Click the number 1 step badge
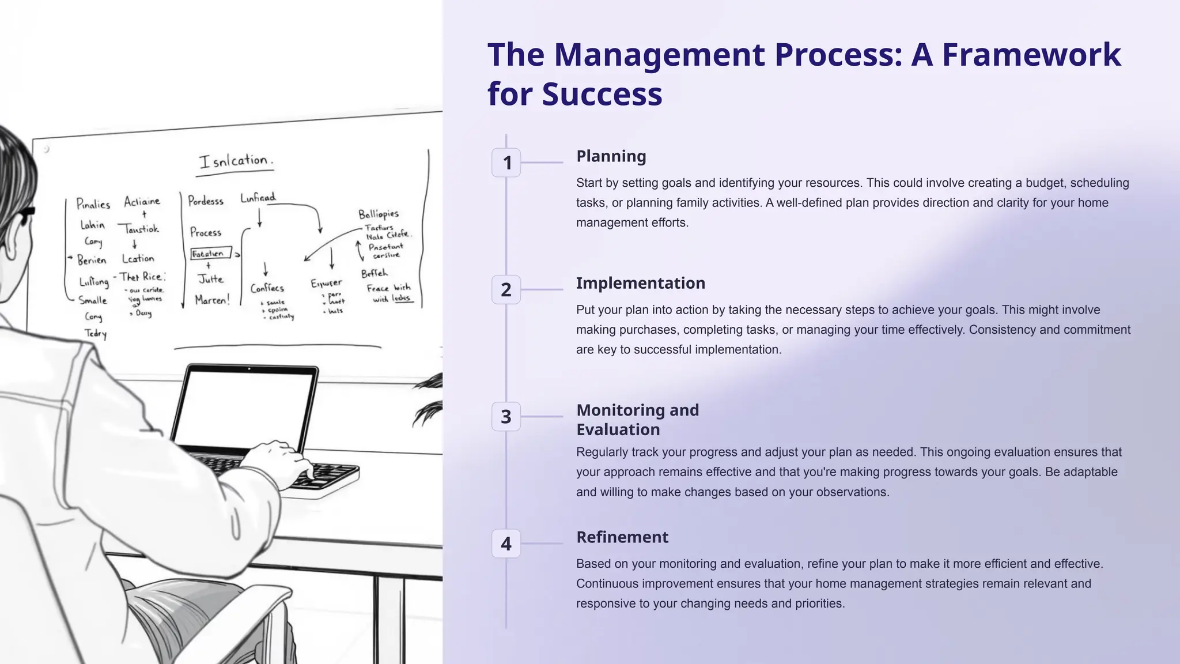click(x=506, y=163)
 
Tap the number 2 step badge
click(x=506, y=289)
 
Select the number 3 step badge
click(x=506, y=416)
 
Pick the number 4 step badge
click(x=506, y=544)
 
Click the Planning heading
click(x=611, y=156)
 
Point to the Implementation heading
click(x=640, y=283)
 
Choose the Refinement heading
click(x=622, y=537)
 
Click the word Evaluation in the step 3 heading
click(x=618, y=429)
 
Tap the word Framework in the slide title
click(x=1031, y=55)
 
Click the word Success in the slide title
click(x=602, y=94)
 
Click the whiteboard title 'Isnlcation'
click(x=236, y=161)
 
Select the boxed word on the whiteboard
click(x=210, y=254)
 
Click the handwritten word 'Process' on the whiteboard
click(x=206, y=232)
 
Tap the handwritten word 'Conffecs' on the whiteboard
click(x=267, y=288)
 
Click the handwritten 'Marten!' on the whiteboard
click(x=212, y=300)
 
